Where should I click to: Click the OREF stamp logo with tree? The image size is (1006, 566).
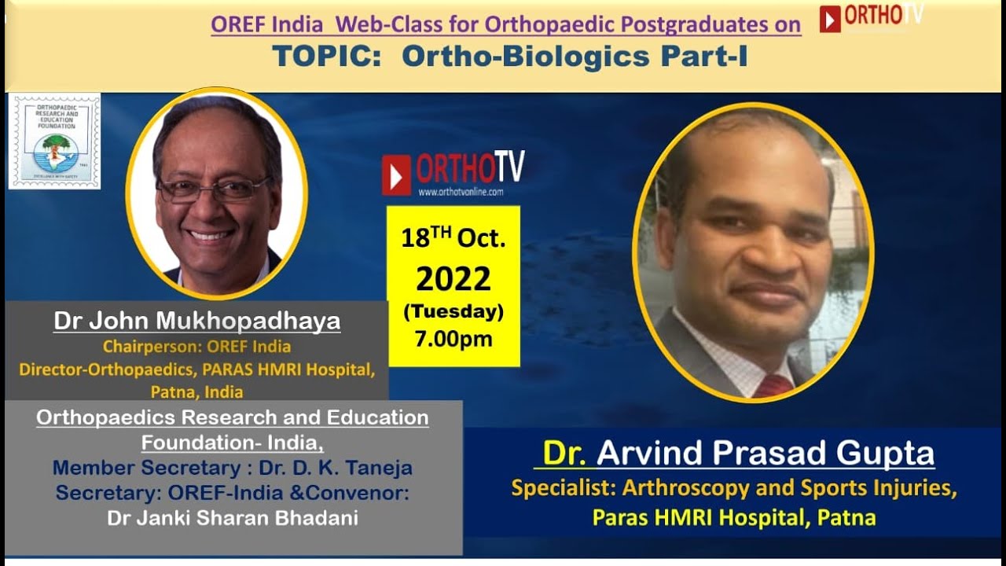(x=54, y=141)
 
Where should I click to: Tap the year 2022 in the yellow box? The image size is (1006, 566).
(x=453, y=278)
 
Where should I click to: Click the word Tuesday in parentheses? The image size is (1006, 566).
(x=453, y=311)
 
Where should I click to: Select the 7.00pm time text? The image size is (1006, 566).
(x=453, y=339)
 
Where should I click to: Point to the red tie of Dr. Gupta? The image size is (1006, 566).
(x=774, y=385)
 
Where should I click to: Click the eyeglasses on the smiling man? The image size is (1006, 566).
(x=212, y=189)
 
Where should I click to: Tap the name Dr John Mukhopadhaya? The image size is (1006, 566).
(x=196, y=321)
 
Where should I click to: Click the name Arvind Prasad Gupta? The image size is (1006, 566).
(x=766, y=454)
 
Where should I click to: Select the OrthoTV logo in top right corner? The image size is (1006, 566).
(x=871, y=17)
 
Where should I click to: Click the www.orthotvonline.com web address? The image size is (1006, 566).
(x=461, y=191)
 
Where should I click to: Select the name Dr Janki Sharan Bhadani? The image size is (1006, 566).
(x=232, y=518)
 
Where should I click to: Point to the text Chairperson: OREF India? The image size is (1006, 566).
(x=196, y=347)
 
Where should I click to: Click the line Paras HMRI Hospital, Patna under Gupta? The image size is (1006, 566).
(x=734, y=517)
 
